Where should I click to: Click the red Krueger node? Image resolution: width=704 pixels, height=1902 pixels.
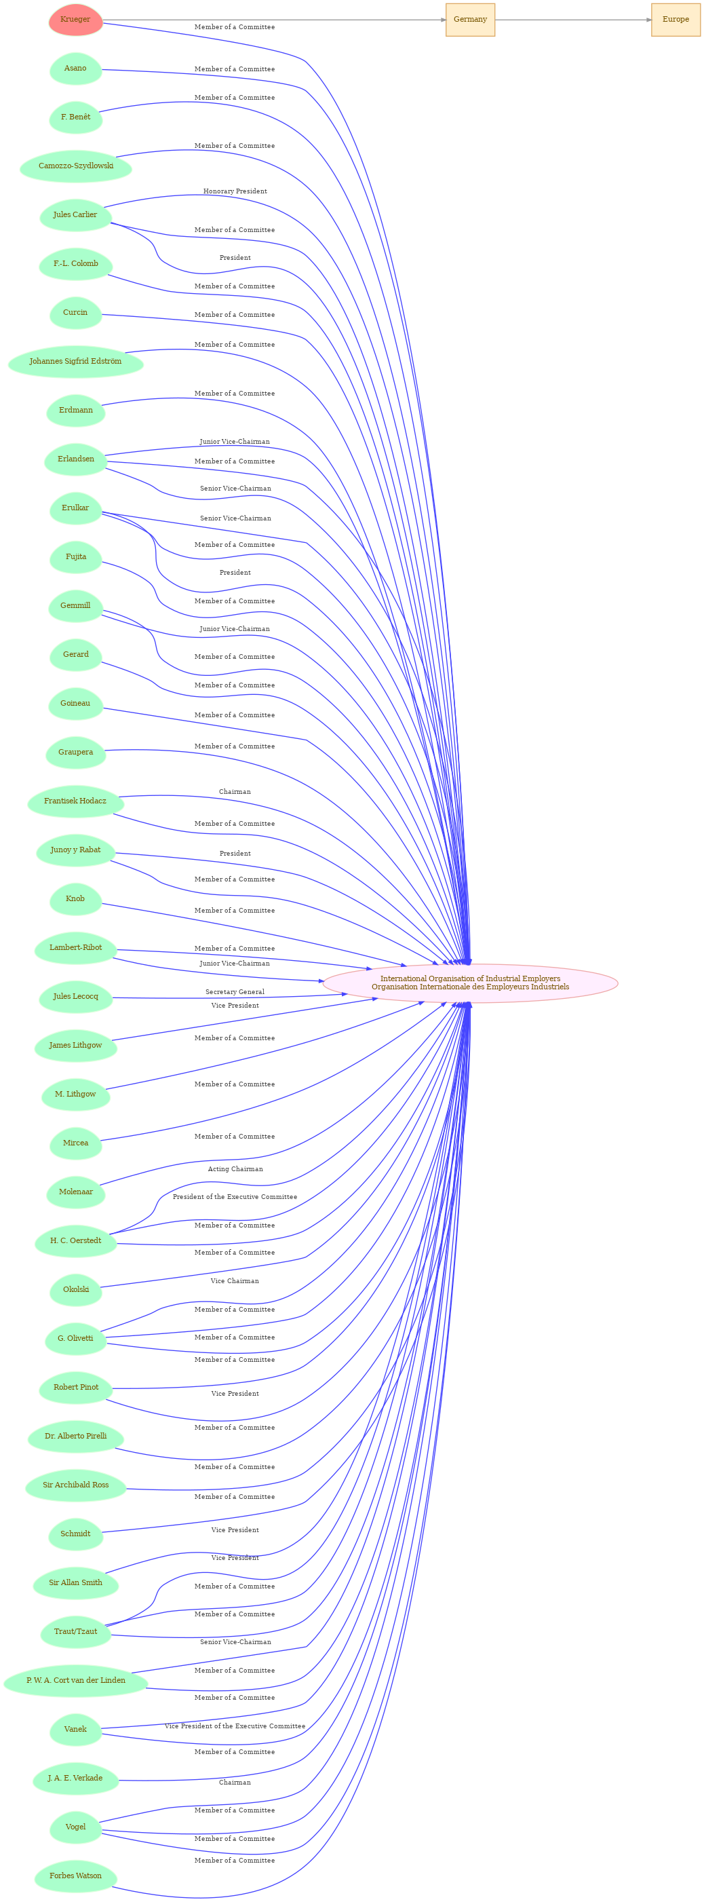coord(75,20)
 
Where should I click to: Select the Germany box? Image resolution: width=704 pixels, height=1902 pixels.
coord(470,20)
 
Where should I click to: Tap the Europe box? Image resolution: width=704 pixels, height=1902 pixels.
coord(676,20)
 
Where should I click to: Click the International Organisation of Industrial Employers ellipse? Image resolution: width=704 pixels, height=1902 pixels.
coord(470,983)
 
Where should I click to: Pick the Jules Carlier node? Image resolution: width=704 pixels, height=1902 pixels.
coord(75,215)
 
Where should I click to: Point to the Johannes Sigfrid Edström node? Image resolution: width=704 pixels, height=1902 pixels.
coord(75,362)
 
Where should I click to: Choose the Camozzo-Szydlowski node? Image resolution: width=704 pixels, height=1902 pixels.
coord(76,166)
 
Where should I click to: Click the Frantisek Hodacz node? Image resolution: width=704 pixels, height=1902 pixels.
coord(75,801)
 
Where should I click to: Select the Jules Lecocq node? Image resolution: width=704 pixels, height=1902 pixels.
coord(75,997)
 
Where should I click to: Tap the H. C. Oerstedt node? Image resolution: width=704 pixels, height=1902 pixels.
coord(75,1241)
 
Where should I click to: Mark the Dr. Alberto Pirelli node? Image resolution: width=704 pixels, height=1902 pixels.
coord(75,1436)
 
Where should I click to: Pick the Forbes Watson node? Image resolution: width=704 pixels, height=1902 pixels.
coord(75,1876)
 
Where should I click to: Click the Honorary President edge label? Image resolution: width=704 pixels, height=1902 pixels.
coord(235,191)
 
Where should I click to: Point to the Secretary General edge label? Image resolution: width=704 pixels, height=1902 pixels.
coord(235,992)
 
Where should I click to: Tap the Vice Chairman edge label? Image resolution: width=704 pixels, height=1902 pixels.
coord(235,1281)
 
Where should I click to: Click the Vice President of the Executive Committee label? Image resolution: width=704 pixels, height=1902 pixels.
coord(235,1726)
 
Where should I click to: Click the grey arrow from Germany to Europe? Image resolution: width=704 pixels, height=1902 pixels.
coord(573,20)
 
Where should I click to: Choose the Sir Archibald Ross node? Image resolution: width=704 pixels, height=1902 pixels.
coord(75,1485)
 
